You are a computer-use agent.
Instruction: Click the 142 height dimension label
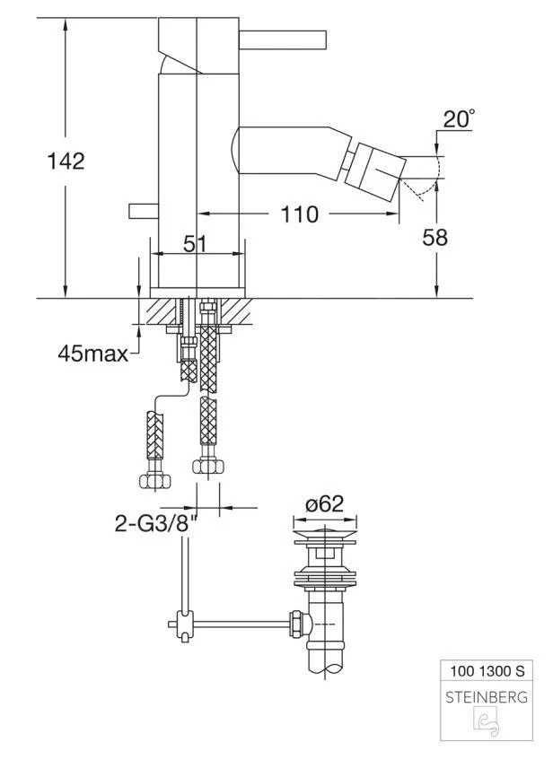click(x=66, y=161)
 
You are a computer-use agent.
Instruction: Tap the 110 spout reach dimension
click(x=299, y=214)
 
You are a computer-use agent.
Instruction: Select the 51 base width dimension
click(x=195, y=244)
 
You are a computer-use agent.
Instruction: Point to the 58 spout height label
click(x=434, y=238)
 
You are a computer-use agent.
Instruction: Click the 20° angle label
click(x=459, y=118)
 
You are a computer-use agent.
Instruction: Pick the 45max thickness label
click(x=92, y=354)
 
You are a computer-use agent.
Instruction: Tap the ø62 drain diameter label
click(x=324, y=504)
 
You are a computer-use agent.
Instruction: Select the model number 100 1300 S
click(x=487, y=671)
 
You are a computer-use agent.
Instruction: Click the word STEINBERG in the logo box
click(x=487, y=697)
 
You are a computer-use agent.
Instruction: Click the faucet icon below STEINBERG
click(x=487, y=722)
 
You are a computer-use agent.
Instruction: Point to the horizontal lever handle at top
click(x=282, y=40)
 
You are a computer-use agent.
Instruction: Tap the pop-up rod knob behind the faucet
click(x=144, y=211)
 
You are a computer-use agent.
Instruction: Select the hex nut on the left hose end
click(x=155, y=481)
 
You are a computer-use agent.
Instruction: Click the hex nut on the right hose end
click(x=208, y=467)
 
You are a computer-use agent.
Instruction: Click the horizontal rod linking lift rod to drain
click(x=241, y=625)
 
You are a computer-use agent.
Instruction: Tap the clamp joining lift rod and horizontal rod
click(x=185, y=625)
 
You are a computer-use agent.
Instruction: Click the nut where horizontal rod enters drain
click(x=296, y=625)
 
